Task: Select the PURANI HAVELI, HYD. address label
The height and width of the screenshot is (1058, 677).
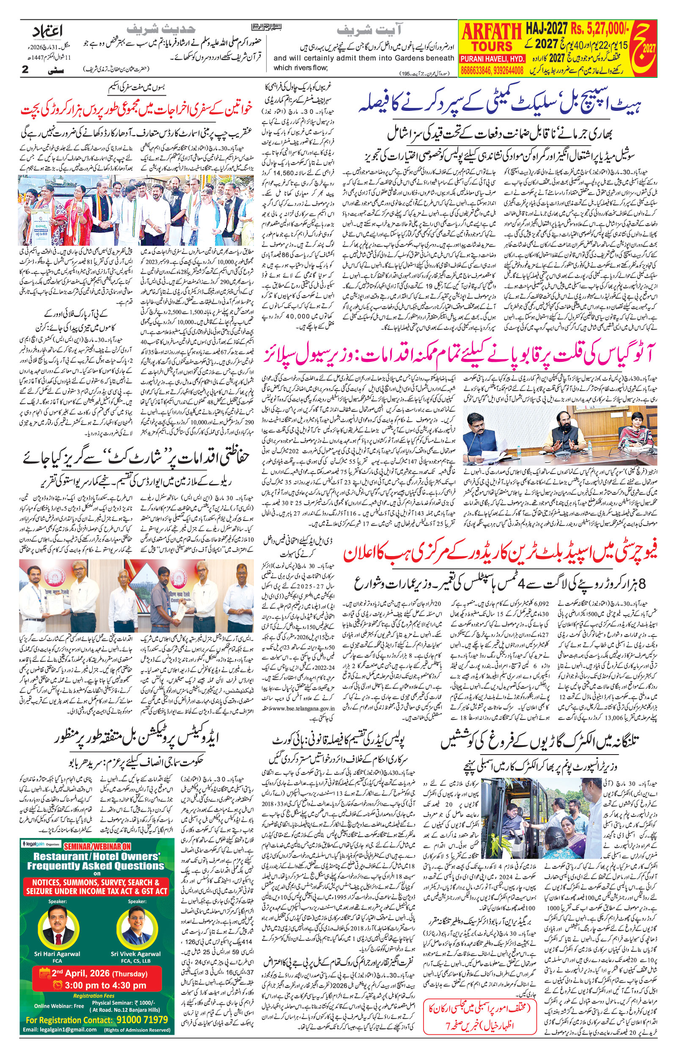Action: tap(492, 59)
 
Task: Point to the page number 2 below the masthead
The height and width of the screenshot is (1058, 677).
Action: tap(25, 69)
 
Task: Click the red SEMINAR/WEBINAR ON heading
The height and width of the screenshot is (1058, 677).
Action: tap(97, 846)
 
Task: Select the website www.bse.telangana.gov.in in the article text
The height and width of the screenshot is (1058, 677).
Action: tap(303, 708)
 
